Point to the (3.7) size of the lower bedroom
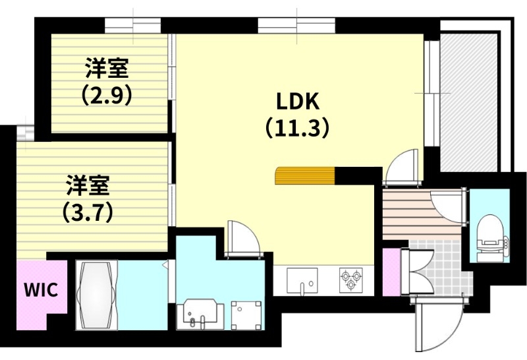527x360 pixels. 87,212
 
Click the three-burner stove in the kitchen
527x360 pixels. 351,280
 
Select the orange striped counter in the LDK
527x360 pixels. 305,176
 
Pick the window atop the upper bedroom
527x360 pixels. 132,25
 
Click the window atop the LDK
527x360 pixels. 297,25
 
